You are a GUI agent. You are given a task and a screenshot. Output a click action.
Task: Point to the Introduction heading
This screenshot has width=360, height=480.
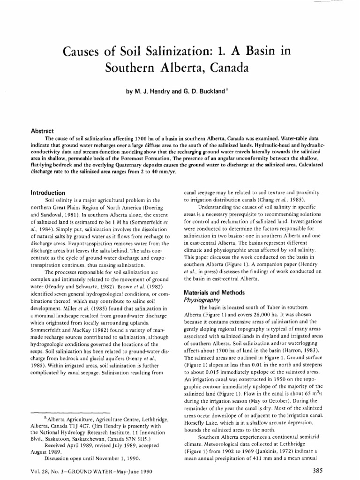tap(47, 192)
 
